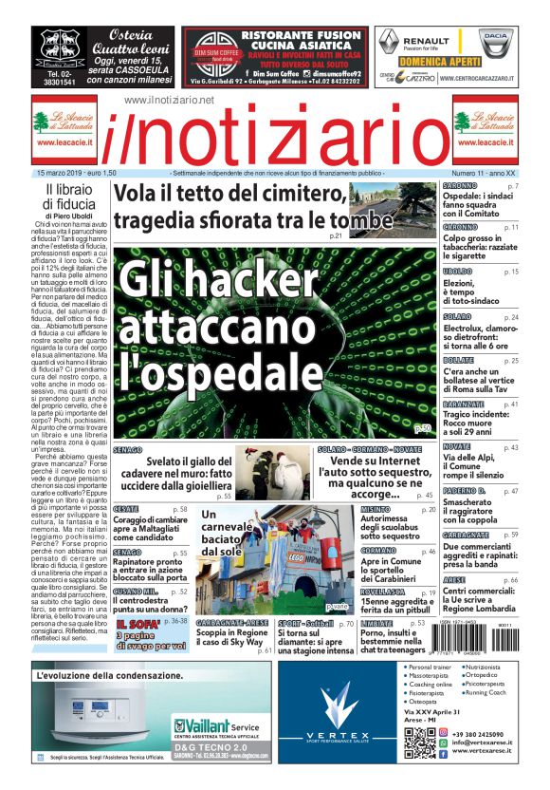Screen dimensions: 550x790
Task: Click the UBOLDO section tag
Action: pyautogui.click(x=459, y=272)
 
